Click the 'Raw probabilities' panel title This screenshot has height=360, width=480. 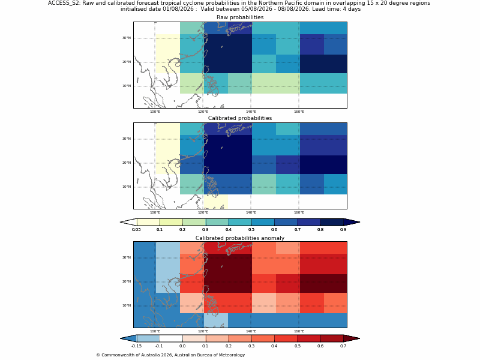[x=240, y=17]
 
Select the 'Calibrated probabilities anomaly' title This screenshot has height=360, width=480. [x=240, y=238]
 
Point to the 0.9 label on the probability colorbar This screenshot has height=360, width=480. [x=343, y=230]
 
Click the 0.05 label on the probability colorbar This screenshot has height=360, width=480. [x=136, y=230]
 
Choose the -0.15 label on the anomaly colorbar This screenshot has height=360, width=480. [x=136, y=346]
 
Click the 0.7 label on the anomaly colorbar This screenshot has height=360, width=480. [x=343, y=346]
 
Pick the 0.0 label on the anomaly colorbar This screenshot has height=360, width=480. [x=182, y=346]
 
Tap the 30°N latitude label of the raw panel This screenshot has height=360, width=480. [x=127, y=38]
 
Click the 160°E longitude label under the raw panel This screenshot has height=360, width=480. [x=299, y=112]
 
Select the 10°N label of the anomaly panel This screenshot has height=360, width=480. [x=127, y=305]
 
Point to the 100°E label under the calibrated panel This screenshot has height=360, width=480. [x=155, y=212]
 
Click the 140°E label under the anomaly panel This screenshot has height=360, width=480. [x=251, y=331]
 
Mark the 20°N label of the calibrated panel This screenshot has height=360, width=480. [x=127, y=163]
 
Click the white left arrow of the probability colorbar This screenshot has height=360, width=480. [x=128, y=222]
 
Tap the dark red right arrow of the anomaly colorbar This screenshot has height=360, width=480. [x=352, y=338]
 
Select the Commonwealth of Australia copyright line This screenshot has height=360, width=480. [x=170, y=355]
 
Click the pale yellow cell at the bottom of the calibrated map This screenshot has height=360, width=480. [x=216, y=202]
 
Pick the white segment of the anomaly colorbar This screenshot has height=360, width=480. [x=171, y=338]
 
